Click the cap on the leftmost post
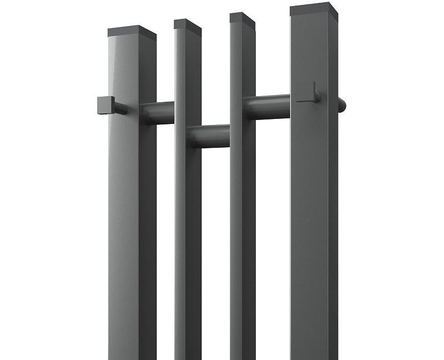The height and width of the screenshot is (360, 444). [x=132, y=32]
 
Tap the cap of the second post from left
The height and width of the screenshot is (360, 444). [x=188, y=24]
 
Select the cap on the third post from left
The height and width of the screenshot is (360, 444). [x=243, y=18]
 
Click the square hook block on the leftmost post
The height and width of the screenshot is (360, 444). [x=106, y=104]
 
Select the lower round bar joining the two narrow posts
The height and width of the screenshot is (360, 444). [x=209, y=136]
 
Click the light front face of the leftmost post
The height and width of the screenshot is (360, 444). [x=122, y=222]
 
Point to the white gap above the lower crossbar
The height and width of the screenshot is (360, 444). [x=215, y=83]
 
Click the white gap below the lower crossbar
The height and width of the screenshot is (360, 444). [x=215, y=250]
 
